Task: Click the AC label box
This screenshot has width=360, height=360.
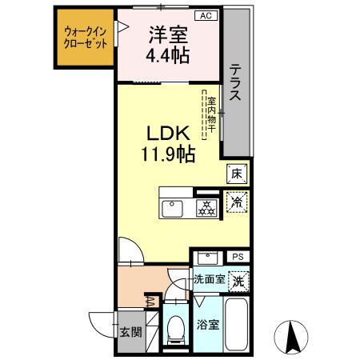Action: (x=205, y=15)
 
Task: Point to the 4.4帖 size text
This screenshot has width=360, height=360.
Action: (x=167, y=57)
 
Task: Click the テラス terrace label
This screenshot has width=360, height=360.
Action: (x=238, y=82)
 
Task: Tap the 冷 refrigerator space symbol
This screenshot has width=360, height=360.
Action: (x=237, y=203)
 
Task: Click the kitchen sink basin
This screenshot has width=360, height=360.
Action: (x=175, y=208)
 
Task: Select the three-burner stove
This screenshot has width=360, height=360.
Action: (x=207, y=207)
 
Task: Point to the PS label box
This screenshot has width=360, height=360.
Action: (x=238, y=257)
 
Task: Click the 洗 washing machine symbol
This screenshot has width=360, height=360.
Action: (x=238, y=282)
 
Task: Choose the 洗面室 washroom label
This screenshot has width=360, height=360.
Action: (x=209, y=281)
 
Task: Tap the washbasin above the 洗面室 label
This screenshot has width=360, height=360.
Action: (x=209, y=258)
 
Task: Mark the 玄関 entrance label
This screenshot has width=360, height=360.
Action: (x=130, y=333)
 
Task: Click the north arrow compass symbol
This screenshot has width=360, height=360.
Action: (x=291, y=337)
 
